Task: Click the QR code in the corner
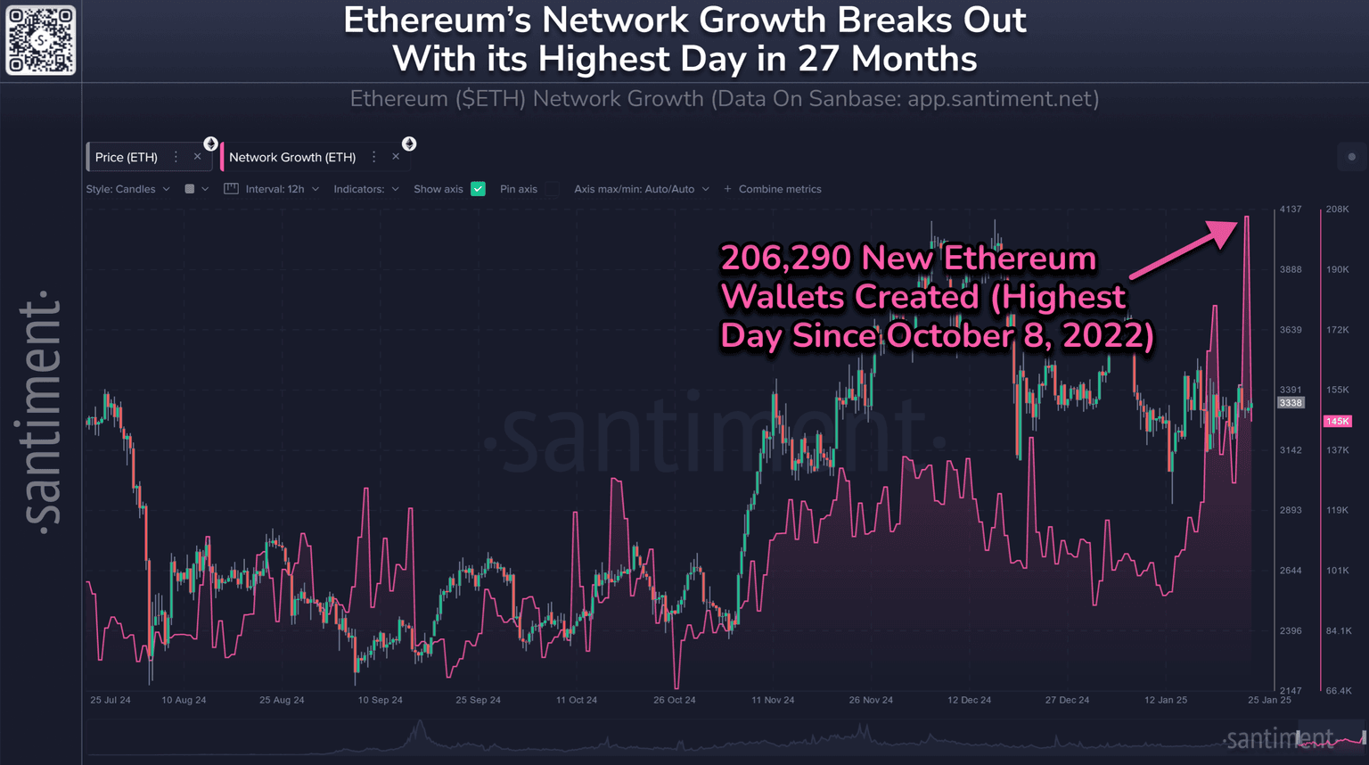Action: [x=41, y=40]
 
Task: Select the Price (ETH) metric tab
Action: [x=127, y=157]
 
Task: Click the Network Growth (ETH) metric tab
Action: [x=292, y=157]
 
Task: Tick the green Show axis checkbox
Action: [x=478, y=189]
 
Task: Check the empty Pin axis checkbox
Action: [x=553, y=189]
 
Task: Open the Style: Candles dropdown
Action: [x=127, y=189]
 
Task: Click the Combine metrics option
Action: [x=773, y=189]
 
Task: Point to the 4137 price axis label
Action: [x=1291, y=210]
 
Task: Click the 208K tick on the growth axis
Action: [x=1337, y=210]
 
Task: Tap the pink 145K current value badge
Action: [x=1337, y=421]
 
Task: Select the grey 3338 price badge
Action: [x=1291, y=403]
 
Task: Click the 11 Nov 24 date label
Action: [x=773, y=700]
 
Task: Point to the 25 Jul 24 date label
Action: [x=111, y=700]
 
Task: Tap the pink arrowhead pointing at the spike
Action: [x=1226, y=230]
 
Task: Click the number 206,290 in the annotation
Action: [x=785, y=258]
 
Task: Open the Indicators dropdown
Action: [x=366, y=189]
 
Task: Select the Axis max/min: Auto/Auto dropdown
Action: [x=642, y=189]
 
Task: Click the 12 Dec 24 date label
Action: [x=969, y=700]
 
